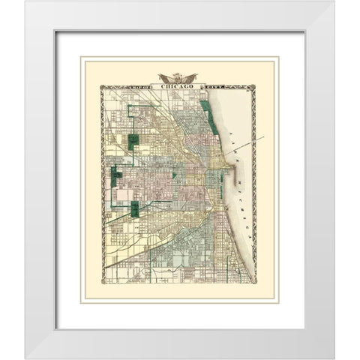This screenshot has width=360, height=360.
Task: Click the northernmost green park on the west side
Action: (134, 140)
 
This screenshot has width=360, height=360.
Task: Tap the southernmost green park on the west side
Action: (134, 209)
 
